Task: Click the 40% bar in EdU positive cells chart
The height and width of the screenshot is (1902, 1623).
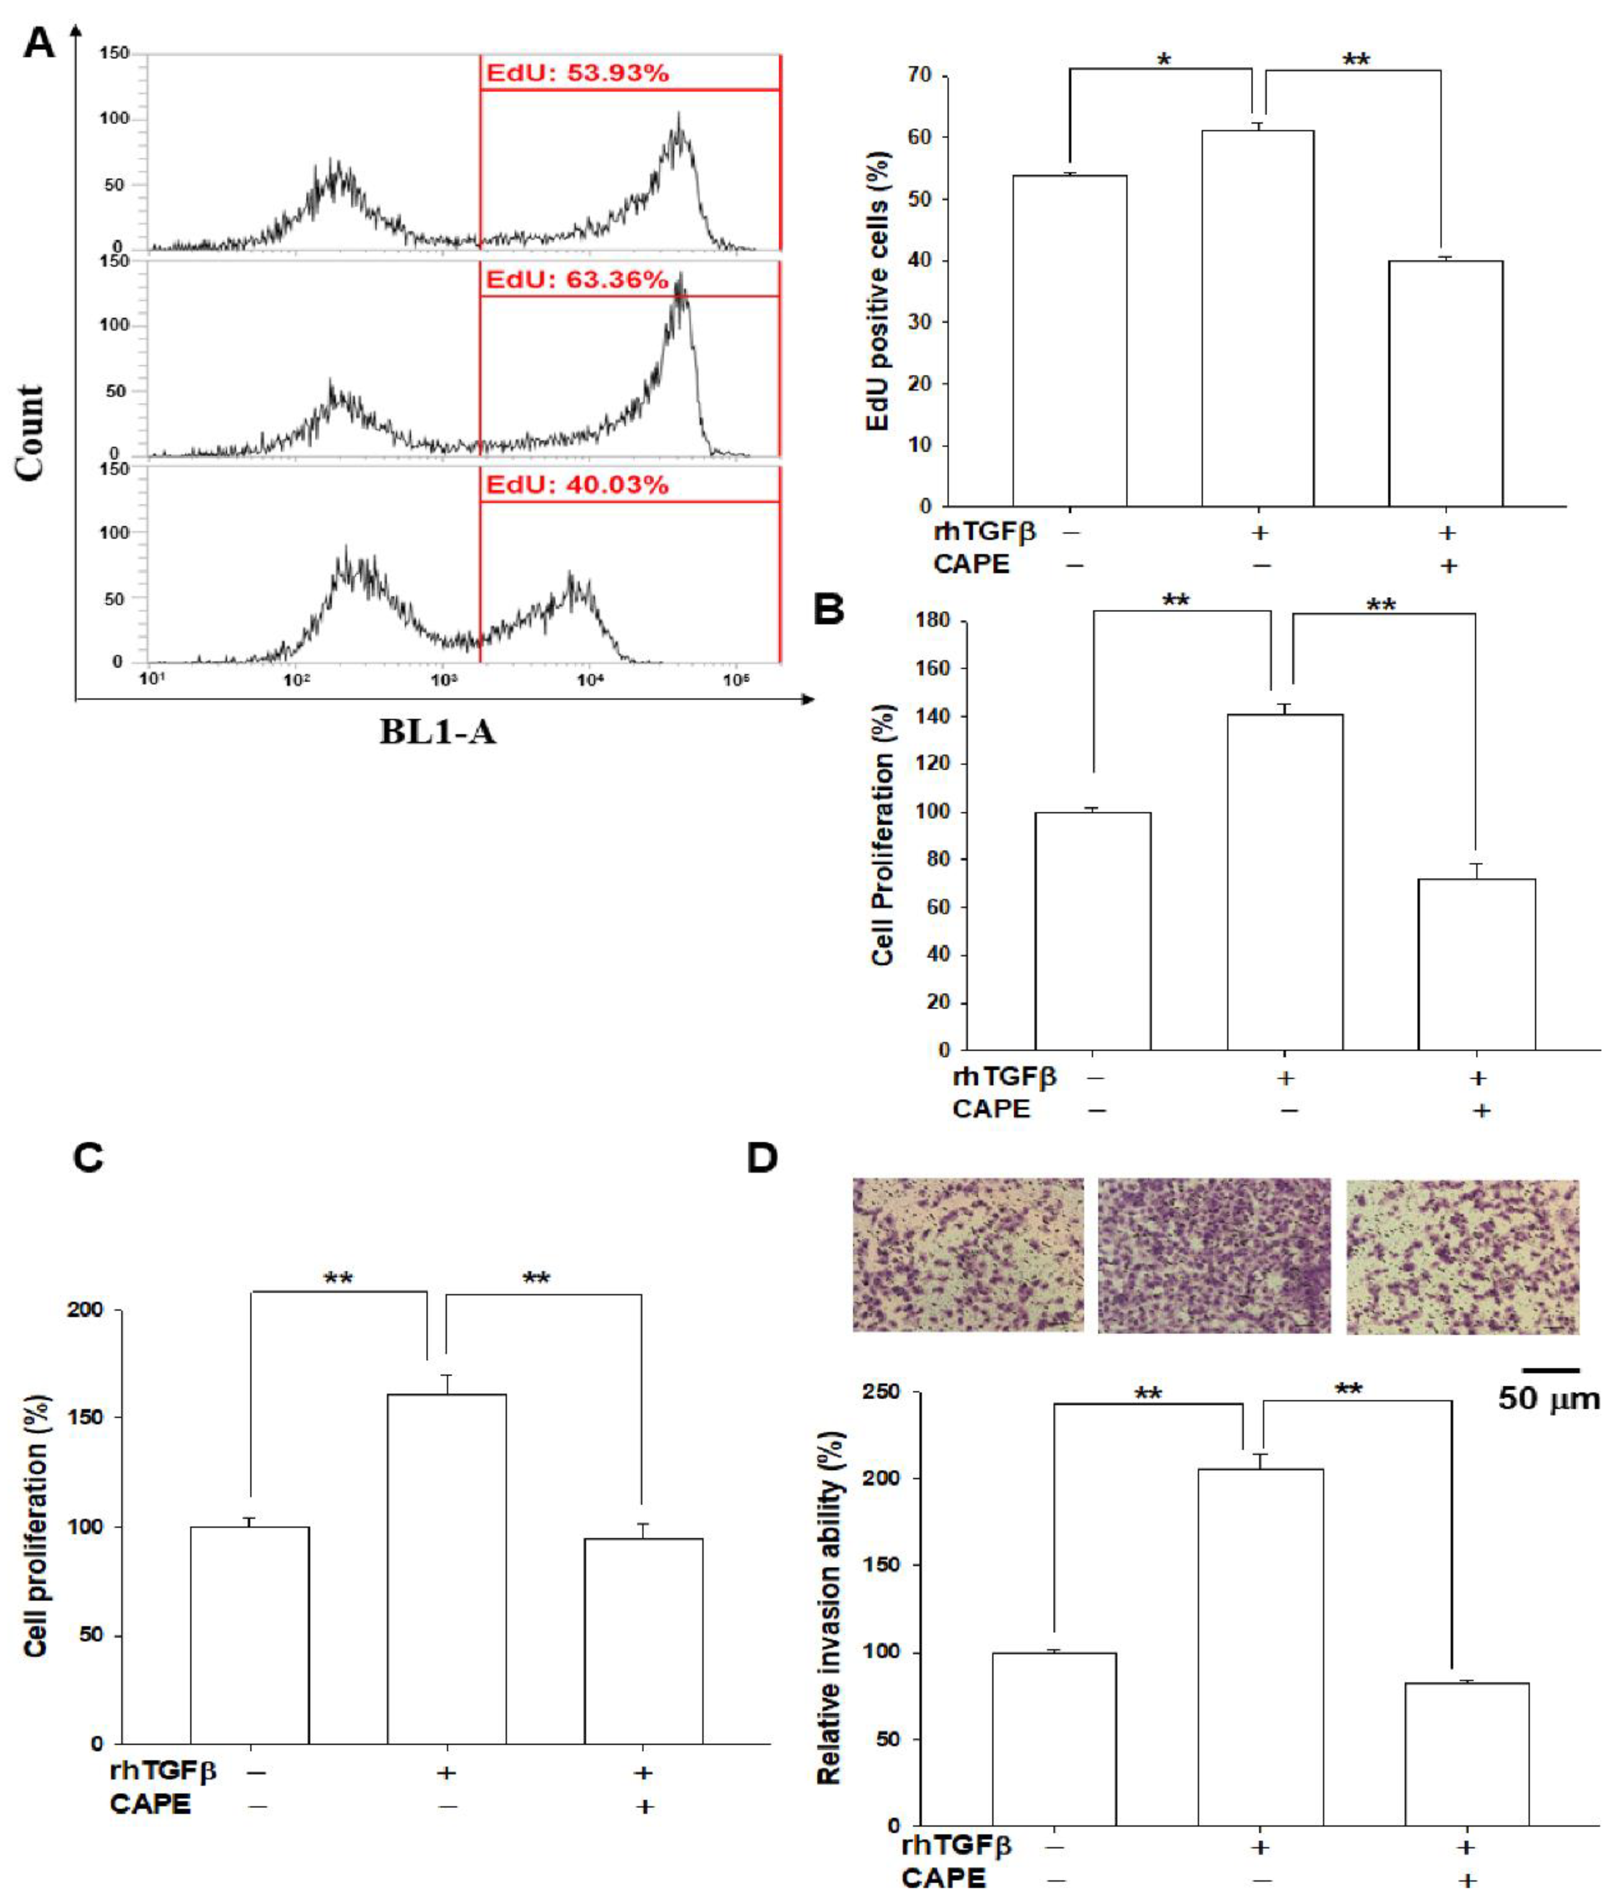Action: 1445,384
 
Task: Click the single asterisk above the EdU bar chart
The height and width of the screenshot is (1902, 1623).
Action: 1164,60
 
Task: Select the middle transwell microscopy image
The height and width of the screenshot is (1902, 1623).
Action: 1213,1255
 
